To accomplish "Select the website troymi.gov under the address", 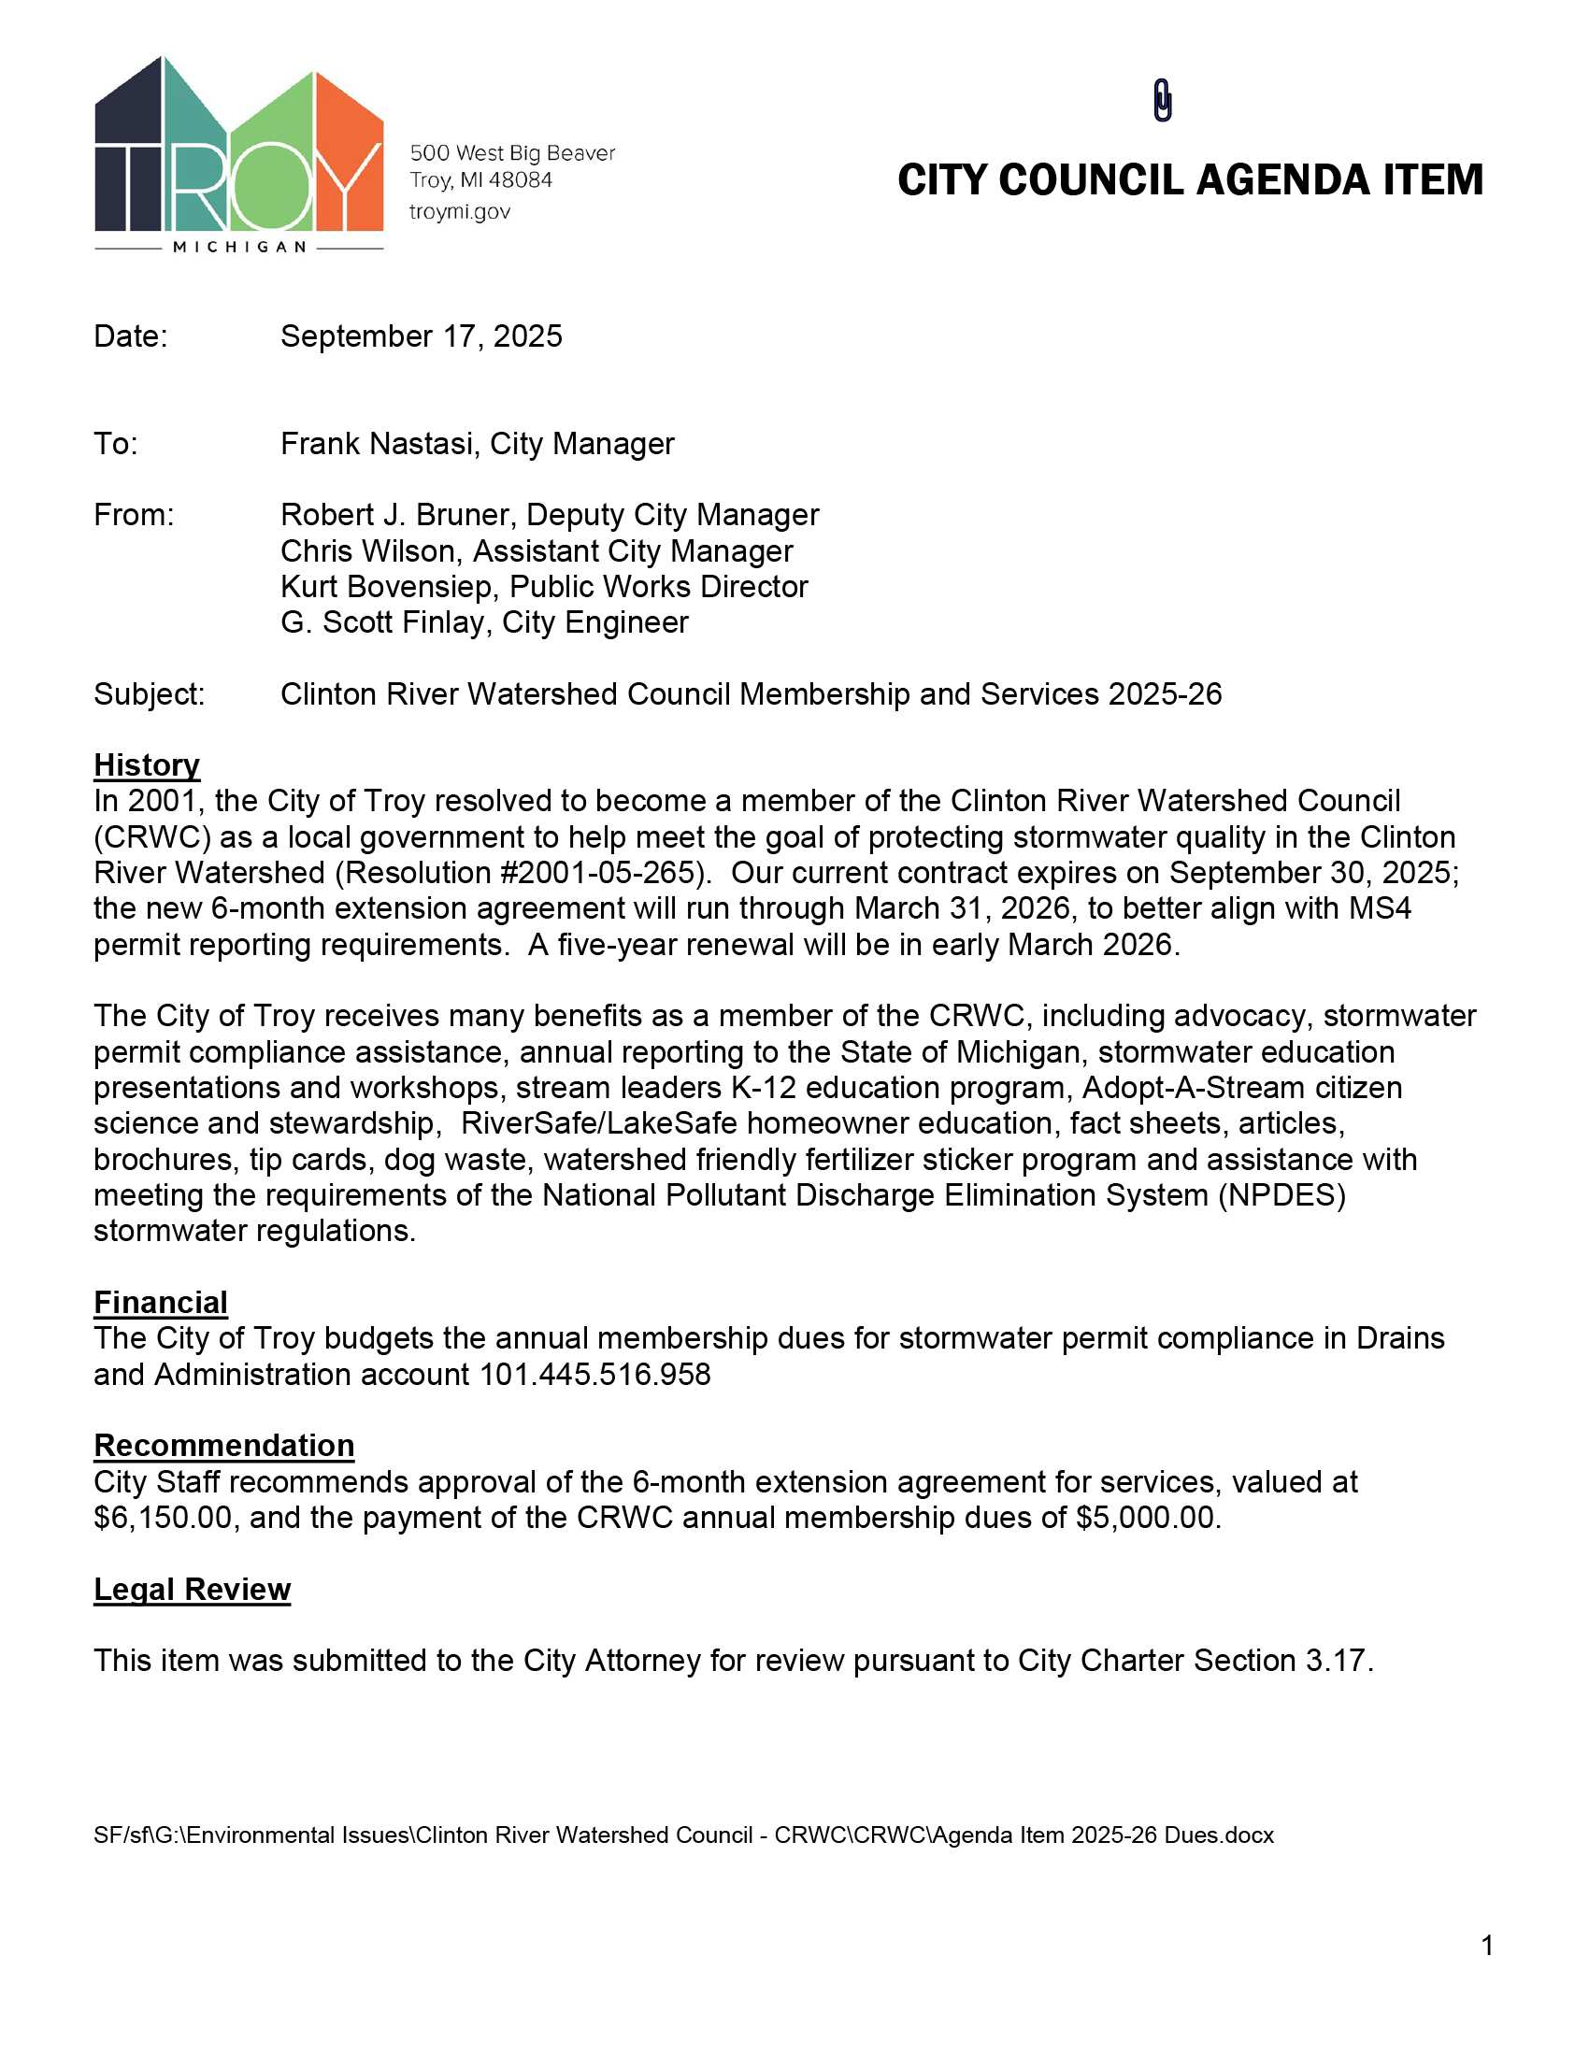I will [x=459, y=212].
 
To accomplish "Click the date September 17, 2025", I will [x=421, y=336].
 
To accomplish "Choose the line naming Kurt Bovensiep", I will [x=543, y=587].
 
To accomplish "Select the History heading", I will [x=147, y=764].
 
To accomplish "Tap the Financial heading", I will [x=160, y=1302].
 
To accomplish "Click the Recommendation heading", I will [x=224, y=1445].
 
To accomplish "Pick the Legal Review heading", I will [x=192, y=1589].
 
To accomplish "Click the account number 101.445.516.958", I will [x=594, y=1375].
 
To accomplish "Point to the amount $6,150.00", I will [x=163, y=1519].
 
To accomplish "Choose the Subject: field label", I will [x=149, y=694].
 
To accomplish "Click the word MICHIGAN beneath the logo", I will [x=239, y=248].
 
